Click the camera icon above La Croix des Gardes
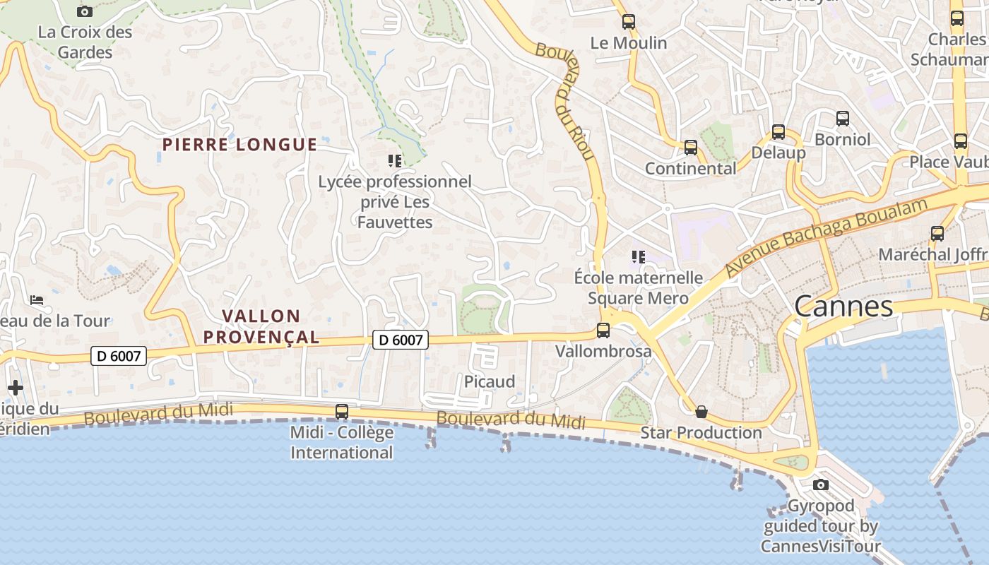[85, 11]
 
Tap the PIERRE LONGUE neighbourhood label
[239, 145]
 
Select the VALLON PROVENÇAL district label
[261, 326]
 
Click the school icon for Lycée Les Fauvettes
[395, 161]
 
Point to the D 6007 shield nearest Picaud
[401, 340]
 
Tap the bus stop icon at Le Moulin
[628, 22]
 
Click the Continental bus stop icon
[691, 148]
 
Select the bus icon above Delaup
[778, 132]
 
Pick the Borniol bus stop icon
[842, 119]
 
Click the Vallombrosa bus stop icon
[603, 330]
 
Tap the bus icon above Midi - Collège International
[342, 411]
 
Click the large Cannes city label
[843, 307]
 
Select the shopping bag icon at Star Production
[701, 412]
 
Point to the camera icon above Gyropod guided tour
[820, 484]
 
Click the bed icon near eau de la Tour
[37, 300]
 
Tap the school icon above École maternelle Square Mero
[639, 257]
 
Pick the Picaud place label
[490, 382]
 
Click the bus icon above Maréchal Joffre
[937, 233]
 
